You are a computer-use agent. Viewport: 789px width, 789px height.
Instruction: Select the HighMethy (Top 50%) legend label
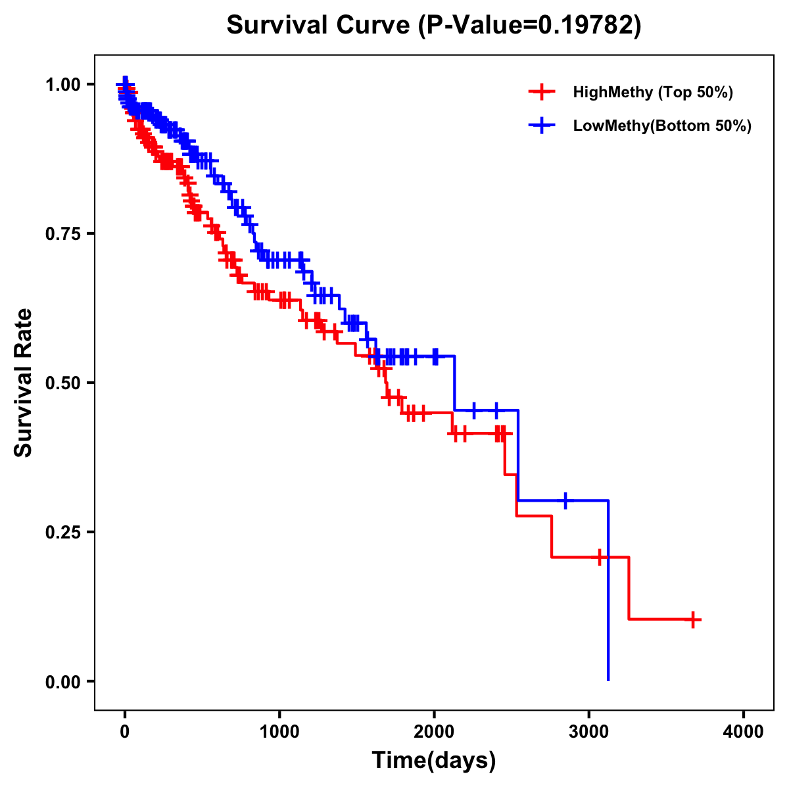652,92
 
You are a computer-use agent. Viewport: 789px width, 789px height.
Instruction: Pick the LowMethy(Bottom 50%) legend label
662,126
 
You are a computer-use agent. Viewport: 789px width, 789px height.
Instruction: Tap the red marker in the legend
541,92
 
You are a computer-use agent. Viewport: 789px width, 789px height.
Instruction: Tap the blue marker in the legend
541,126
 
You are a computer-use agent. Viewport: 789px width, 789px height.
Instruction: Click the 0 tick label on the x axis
125,732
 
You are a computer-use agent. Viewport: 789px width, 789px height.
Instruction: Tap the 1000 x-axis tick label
279,732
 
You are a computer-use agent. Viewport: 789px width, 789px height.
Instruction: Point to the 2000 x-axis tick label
434,732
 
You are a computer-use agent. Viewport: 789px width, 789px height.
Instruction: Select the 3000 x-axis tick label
589,732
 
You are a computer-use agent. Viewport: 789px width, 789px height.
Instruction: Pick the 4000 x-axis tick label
744,732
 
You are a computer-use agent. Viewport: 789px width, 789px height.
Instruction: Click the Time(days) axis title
434,761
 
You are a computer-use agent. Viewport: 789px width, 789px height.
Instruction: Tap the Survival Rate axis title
24,383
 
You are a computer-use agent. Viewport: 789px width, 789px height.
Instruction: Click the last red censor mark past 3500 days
692,619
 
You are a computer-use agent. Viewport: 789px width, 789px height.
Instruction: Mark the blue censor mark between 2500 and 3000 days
565,500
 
